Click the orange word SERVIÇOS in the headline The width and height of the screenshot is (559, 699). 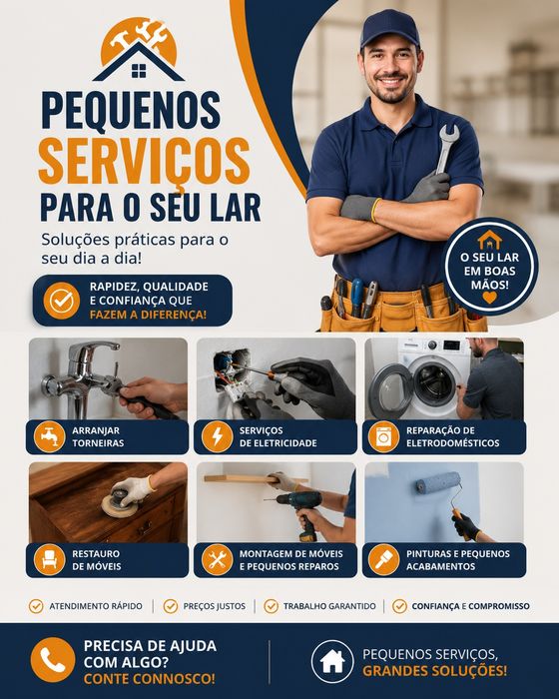pos(144,162)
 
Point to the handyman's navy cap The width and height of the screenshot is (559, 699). pos(389,28)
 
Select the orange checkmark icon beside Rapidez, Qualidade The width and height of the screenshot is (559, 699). pos(62,301)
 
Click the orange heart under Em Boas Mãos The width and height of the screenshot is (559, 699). pos(489,298)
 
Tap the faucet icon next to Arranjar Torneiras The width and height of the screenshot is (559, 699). pos(50,437)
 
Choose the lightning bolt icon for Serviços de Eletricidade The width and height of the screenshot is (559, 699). pos(217,437)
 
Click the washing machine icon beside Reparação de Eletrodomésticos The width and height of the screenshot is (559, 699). pos(383,437)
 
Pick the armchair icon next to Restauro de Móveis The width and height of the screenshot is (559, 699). pos(50,560)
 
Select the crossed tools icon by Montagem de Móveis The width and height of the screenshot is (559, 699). pos(217,560)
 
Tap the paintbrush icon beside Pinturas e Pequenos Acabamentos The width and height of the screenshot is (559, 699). pos(383,560)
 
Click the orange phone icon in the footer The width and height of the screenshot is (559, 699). pos(53,660)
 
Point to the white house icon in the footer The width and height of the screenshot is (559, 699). pos(332,661)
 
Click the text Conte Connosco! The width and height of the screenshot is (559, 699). pos(150,679)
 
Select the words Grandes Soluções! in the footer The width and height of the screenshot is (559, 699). pos(434,671)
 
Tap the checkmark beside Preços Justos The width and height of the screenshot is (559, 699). pos(171,606)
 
